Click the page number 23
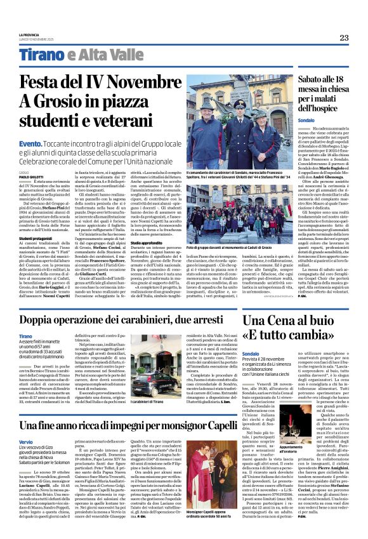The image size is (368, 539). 344,37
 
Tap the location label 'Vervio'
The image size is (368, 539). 26,441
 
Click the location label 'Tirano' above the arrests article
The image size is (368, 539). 25,335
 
